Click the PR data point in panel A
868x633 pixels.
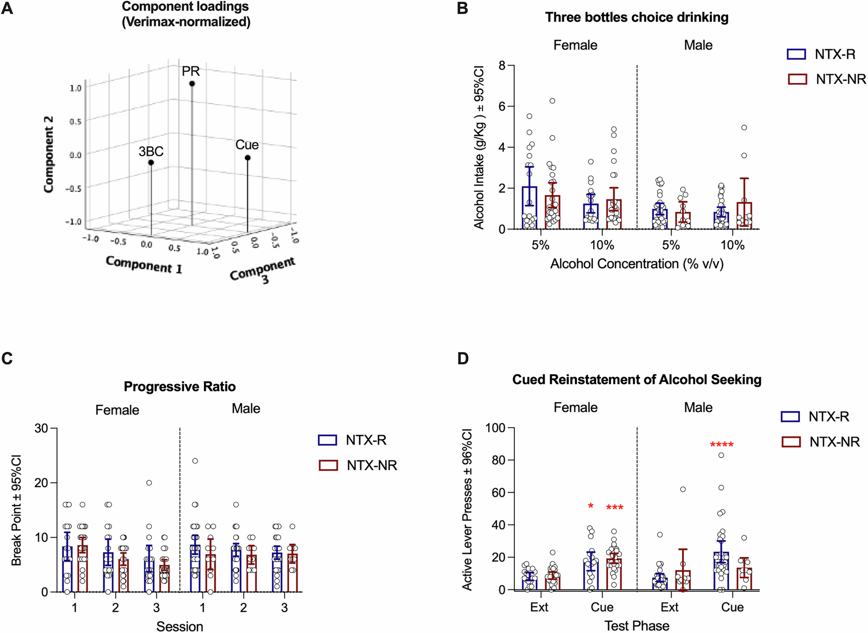pos(192,84)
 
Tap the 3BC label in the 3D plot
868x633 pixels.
pos(151,151)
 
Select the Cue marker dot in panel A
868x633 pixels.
pos(248,158)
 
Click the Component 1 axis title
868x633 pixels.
pos(144,264)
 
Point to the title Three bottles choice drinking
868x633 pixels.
pos(636,17)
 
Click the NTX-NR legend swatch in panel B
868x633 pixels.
pos(797,79)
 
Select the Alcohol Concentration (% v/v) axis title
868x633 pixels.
pos(636,263)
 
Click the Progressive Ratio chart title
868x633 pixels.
pos(180,386)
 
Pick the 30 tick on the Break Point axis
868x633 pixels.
pos(41,428)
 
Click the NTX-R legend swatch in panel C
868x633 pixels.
pos(328,440)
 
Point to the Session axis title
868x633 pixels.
pos(180,626)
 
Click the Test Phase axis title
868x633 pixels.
pos(636,626)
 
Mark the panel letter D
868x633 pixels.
pos(463,358)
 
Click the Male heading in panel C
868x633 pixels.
pos(246,408)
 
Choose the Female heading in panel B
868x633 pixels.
pos(575,45)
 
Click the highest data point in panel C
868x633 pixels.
pos(195,461)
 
